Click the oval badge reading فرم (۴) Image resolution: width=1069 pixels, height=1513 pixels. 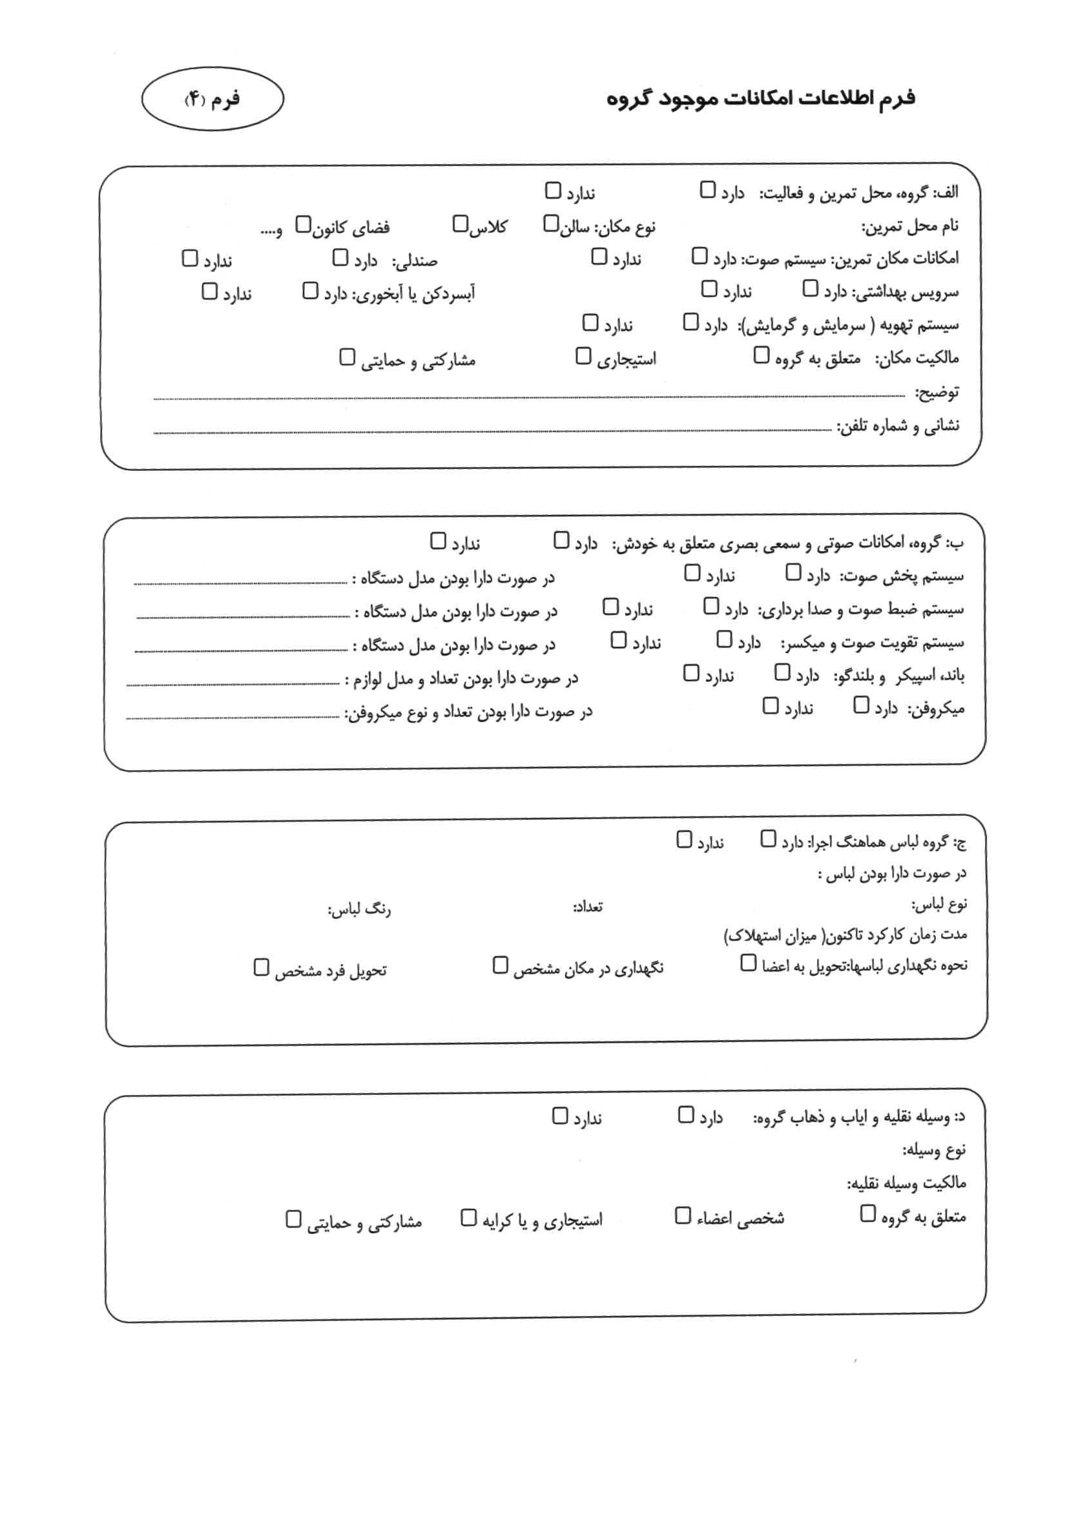tap(213, 99)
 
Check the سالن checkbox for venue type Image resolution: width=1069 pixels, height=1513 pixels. tap(550, 224)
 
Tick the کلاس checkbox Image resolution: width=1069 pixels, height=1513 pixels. tap(460, 224)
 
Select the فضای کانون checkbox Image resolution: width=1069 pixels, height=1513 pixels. tap(302, 225)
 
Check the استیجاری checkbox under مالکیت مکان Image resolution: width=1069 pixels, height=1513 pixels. tap(583, 356)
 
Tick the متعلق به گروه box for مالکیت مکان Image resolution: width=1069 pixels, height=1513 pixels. tap(761, 355)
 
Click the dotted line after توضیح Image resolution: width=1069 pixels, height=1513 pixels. tap(527, 397)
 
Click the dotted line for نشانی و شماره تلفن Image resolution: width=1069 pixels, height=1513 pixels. tap(491, 432)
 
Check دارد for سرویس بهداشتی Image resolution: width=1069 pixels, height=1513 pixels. tap(810, 289)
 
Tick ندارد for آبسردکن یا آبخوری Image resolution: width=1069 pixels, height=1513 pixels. tap(209, 291)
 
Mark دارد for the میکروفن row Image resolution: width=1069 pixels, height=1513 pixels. tap(861, 705)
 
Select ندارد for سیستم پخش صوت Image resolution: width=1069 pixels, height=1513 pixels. tap(691, 572)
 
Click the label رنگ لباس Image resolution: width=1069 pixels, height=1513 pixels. tap(359, 910)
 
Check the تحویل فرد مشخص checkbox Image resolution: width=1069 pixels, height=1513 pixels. tap(261, 967)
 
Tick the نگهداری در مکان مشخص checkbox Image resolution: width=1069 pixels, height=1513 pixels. tap(500, 965)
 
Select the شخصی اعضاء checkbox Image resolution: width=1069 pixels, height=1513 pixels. tap(683, 1215)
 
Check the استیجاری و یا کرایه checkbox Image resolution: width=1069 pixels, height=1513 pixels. tap(468, 1217)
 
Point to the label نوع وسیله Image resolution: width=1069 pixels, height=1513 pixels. tap(934, 1150)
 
